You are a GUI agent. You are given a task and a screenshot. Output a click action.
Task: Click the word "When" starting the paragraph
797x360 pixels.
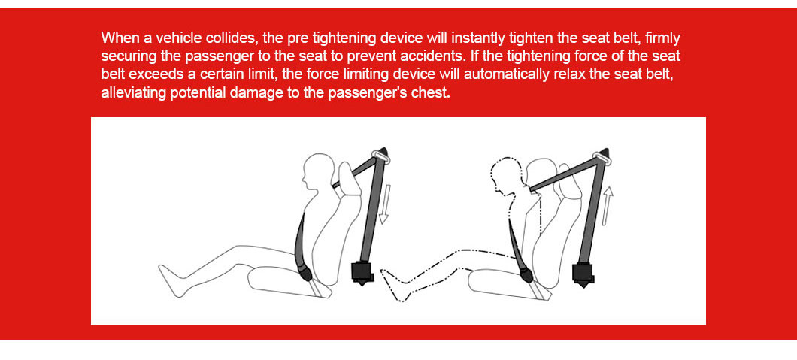[x=117, y=38]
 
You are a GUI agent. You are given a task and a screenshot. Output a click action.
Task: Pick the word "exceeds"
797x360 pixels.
[x=151, y=74]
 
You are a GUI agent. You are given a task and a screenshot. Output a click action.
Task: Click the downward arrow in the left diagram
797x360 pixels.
[x=384, y=204]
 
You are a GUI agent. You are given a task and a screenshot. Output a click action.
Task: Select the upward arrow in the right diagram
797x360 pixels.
[x=607, y=206]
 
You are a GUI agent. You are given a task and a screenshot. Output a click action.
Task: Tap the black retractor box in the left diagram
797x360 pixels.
[x=363, y=273]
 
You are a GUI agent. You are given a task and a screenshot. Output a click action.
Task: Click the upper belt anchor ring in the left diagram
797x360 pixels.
[x=380, y=156]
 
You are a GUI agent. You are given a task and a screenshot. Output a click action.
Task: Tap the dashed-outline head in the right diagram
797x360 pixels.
[x=506, y=176]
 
